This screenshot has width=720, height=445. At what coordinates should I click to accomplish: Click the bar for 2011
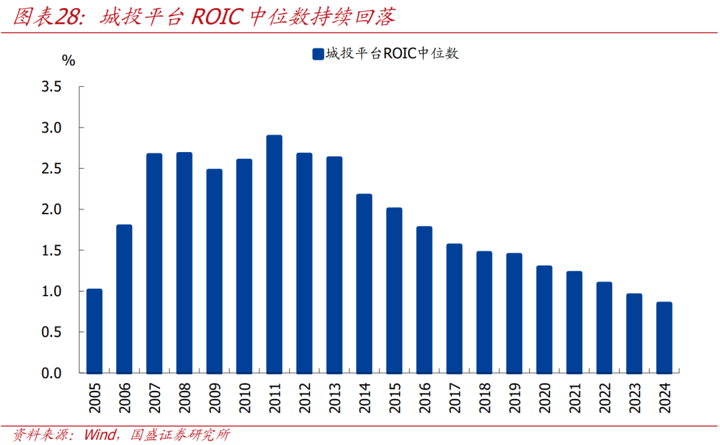click(x=274, y=254)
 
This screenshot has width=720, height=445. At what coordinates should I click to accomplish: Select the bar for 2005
click(x=95, y=331)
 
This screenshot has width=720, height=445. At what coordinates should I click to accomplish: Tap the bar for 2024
click(x=664, y=338)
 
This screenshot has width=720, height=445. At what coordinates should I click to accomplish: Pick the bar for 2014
click(x=364, y=284)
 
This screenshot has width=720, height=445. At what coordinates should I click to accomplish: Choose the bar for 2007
click(x=154, y=263)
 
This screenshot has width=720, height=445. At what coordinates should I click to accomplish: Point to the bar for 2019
click(x=514, y=313)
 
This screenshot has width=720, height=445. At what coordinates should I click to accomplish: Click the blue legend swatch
click(x=317, y=54)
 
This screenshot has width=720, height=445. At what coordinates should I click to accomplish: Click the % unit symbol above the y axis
click(x=69, y=60)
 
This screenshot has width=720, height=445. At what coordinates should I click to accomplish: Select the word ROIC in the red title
click(x=217, y=17)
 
